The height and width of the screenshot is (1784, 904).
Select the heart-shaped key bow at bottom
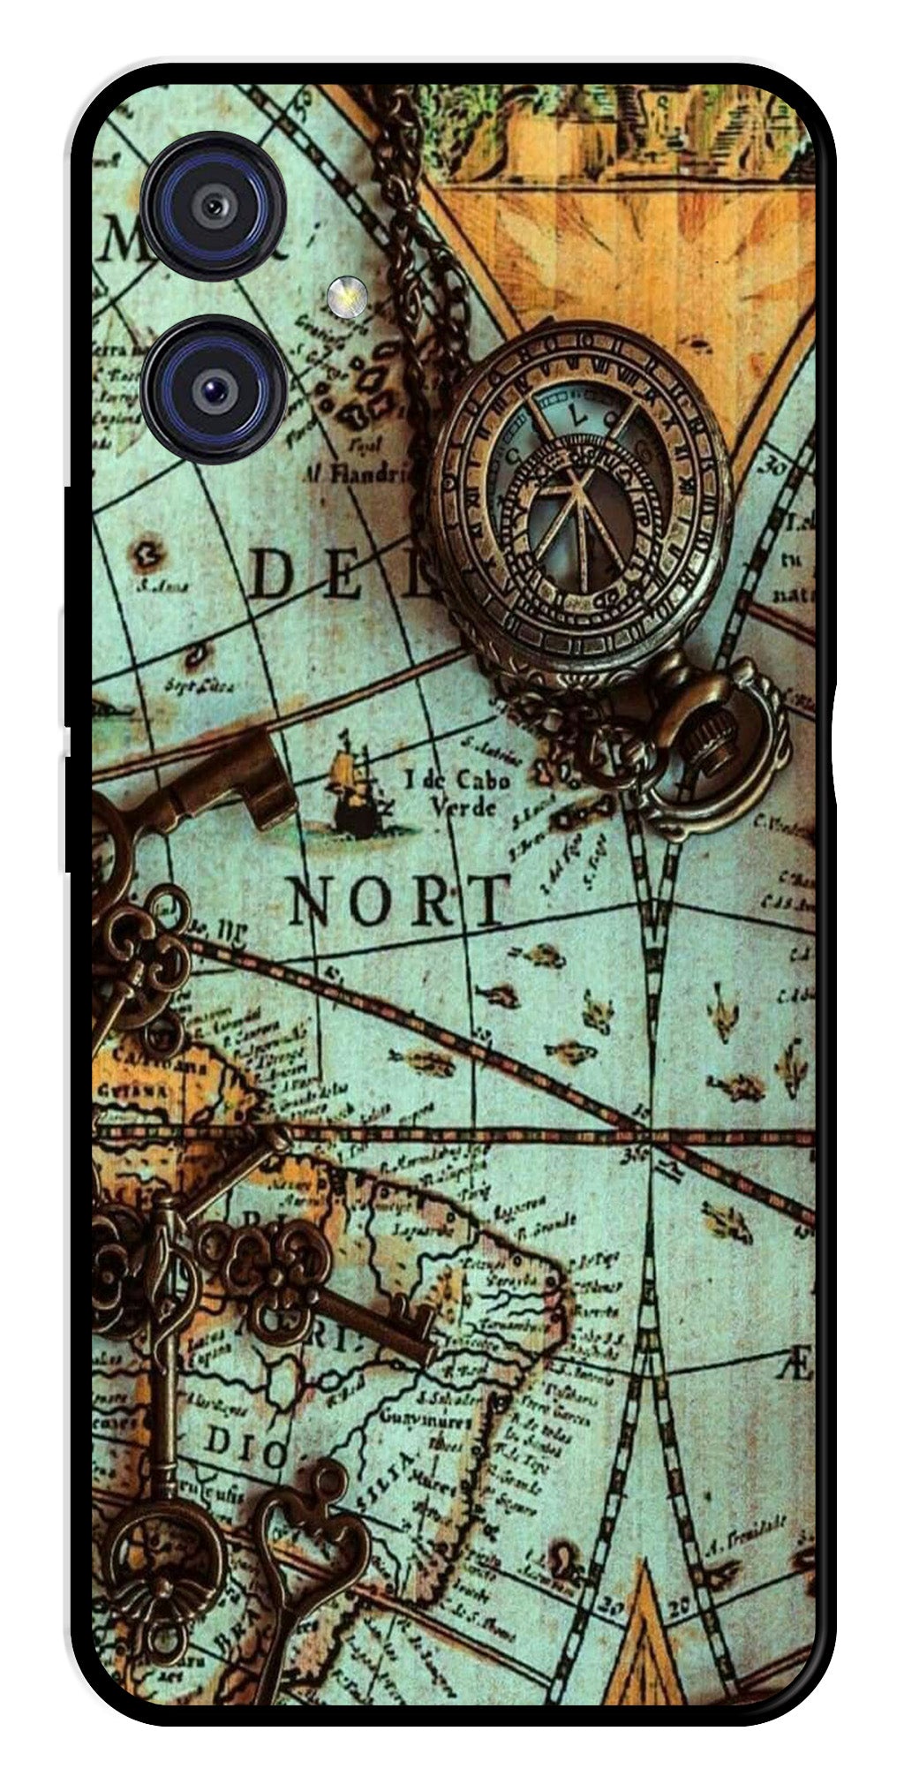[313, 1510]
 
